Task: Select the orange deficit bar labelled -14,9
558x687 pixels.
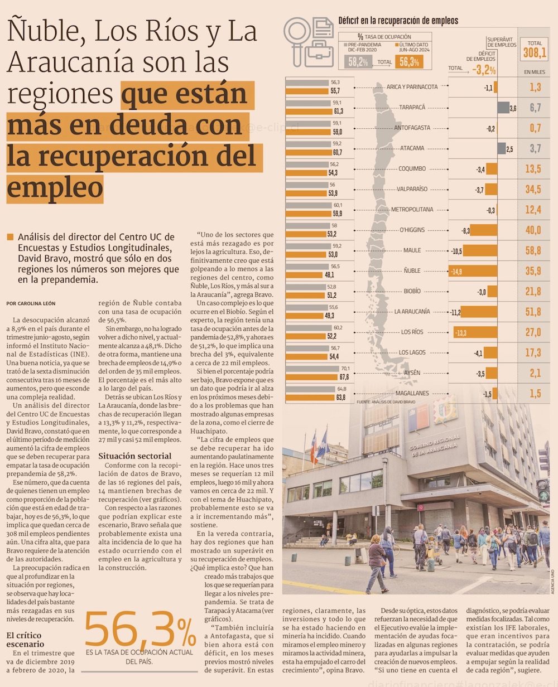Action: click(x=472, y=271)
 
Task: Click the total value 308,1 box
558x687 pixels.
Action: click(x=535, y=53)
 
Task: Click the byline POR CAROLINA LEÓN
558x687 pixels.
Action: click(x=31, y=303)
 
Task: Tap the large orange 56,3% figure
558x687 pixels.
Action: click(x=139, y=630)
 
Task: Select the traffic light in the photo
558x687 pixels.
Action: click(x=542, y=490)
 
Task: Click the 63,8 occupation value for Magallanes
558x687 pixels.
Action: click(x=335, y=397)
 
